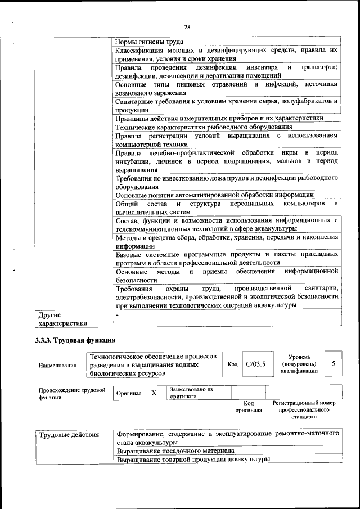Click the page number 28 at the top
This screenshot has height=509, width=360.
click(x=187, y=26)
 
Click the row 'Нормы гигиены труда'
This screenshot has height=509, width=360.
click(x=149, y=42)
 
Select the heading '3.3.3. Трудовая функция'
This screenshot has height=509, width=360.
click(x=75, y=340)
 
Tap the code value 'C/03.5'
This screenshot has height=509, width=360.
click(x=255, y=364)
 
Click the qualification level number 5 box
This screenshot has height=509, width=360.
click(x=334, y=364)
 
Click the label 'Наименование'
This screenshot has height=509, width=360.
click(x=57, y=365)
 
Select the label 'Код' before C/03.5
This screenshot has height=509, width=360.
click(x=232, y=364)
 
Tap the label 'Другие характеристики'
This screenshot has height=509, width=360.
click(x=62, y=319)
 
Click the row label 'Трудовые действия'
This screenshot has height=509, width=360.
click(x=69, y=434)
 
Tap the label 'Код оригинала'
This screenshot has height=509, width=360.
click(x=249, y=407)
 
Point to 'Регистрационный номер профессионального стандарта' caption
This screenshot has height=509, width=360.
click(x=304, y=410)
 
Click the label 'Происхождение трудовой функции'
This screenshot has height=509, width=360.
click(x=72, y=393)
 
